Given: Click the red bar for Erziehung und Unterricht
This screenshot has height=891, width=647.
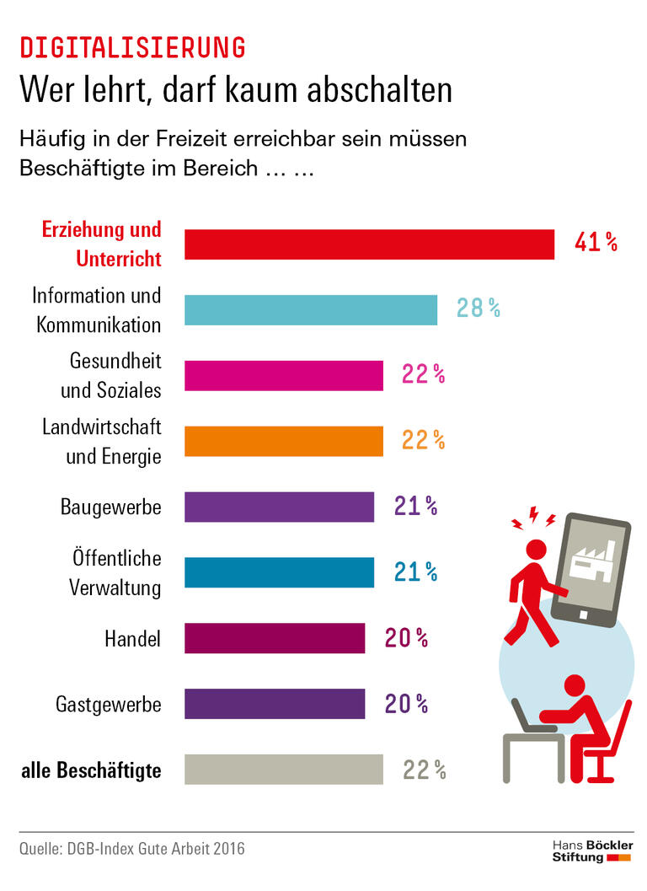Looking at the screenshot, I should [369, 244].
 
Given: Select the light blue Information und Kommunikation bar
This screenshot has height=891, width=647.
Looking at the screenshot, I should [311, 309].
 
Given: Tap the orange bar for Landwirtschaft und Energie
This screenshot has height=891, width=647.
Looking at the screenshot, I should [284, 441].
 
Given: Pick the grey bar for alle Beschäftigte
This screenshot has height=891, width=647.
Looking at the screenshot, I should [284, 770].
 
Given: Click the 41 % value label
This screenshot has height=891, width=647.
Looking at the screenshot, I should [596, 244].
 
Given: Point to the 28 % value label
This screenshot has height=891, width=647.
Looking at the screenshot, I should [478, 309].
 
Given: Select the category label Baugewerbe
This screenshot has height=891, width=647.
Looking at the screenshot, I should [110, 507].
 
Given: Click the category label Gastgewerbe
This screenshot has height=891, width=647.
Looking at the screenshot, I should [108, 704].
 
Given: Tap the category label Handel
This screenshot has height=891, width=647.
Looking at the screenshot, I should [132, 639].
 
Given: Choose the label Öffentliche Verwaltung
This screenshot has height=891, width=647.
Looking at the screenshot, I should [115, 573].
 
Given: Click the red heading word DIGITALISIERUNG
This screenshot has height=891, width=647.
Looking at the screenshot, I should [132, 48].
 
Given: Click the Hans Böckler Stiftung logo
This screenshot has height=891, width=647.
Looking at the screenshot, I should [591, 851].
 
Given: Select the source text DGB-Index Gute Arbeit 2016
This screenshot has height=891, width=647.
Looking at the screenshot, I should [154, 848].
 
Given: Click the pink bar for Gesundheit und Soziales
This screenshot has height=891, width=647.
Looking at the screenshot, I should [284, 375].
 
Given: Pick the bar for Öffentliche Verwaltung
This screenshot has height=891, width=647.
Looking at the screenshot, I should [279, 572].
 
